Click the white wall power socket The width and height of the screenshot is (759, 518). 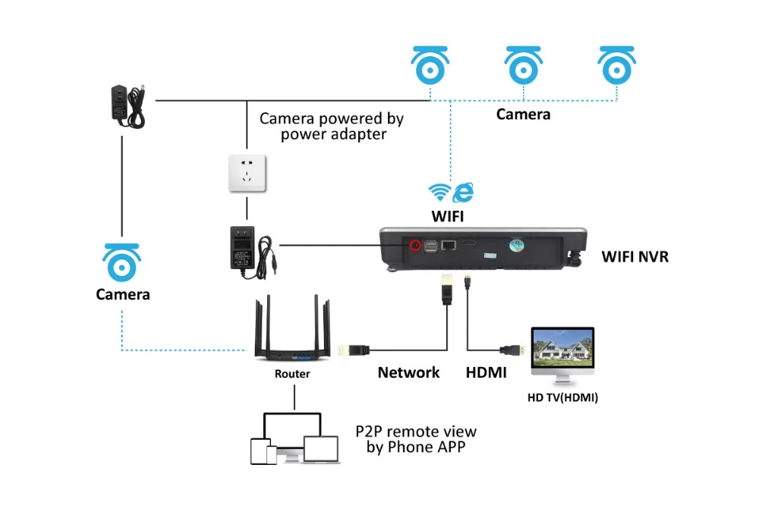(x=246, y=174)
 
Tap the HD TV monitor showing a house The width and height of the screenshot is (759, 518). (x=562, y=353)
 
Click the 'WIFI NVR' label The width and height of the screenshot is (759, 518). (x=635, y=256)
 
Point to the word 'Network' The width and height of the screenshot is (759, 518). (x=408, y=372)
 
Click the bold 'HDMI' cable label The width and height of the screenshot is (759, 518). (x=486, y=372)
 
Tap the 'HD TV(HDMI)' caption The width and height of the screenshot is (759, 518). (x=562, y=397)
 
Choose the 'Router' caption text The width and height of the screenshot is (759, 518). (x=292, y=374)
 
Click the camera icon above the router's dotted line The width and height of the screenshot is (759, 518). (x=122, y=263)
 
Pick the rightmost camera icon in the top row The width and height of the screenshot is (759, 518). (x=617, y=66)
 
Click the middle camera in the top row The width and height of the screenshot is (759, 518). (x=524, y=66)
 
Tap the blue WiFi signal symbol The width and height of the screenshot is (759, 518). (x=440, y=190)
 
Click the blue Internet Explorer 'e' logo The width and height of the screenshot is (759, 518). (x=462, y=192)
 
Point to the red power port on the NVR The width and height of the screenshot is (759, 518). (x=415, y=245)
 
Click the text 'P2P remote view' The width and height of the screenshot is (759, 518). (x=416, y=432)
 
